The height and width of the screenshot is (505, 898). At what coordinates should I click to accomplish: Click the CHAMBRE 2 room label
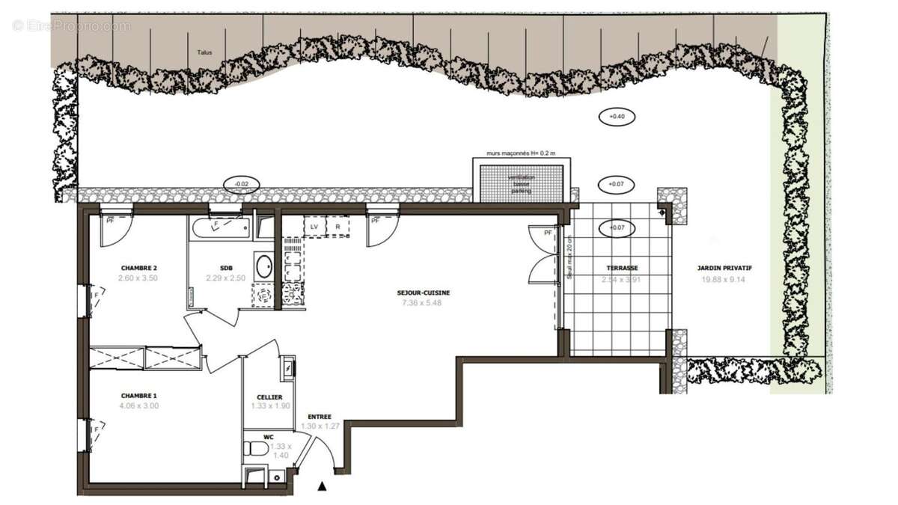point(138,268)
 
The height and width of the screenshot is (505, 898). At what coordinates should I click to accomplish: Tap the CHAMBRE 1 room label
point(138,396)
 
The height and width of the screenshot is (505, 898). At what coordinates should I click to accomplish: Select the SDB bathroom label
point(226,268)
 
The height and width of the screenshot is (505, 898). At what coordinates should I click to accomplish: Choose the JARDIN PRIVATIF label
point(724,268)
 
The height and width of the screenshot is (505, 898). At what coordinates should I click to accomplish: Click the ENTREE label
point(319,417)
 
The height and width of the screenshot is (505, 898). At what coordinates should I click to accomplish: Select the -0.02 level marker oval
point(242,184)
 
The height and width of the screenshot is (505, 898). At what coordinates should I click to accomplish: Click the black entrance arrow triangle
point(323,487)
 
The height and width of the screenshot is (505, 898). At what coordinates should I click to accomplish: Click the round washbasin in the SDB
point(264,266)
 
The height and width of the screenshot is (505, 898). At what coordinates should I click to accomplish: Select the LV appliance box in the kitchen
point(315,226)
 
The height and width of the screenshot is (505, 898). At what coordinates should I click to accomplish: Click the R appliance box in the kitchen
point(338,226)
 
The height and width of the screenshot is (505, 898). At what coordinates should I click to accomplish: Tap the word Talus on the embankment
point(204,53)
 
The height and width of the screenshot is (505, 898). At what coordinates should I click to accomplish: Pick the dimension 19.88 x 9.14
point(724,279)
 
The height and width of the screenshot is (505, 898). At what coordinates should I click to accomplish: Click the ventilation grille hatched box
point(519,183)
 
